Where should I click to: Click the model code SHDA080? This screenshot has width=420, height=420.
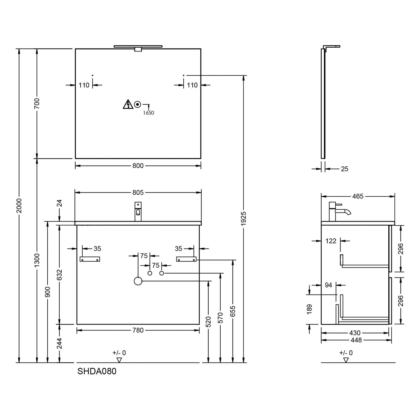point(97,371)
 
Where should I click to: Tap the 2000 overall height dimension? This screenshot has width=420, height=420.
point(19,206)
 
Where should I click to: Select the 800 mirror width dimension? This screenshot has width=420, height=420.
point(138,166)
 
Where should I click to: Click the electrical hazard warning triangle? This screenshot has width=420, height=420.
point(128,104)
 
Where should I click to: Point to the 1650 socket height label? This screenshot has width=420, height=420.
point(148,113)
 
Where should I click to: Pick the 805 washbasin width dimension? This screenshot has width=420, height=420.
point(138,193)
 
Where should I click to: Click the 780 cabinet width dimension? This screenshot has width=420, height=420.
point(138,330)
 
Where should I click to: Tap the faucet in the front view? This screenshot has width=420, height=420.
point(138,211)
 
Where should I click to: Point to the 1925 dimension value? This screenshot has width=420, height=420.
point(244,219)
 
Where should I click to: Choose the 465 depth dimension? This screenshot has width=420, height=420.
point(358,196)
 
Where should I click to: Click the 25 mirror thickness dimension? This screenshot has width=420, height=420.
point(345,169)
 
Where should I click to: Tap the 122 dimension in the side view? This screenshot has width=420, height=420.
point(331,241)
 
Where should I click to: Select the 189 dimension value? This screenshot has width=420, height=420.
point(309,309)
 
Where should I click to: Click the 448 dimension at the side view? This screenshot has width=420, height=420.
point(356,340)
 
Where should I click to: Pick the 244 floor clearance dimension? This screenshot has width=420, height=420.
point(59,344)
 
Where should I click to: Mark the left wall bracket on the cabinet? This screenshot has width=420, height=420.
point(90,259)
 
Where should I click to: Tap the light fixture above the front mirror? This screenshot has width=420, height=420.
point(138,48)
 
